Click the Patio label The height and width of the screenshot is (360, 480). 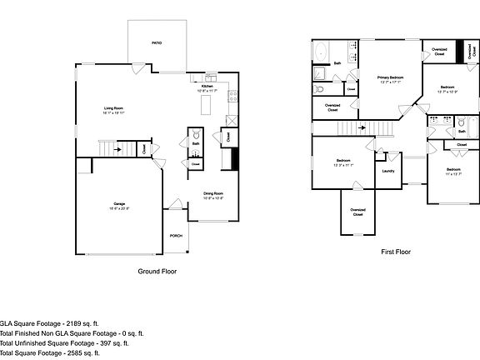156,42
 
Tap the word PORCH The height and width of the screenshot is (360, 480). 176,236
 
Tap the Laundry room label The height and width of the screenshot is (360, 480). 387,171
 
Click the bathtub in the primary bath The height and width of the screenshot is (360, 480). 321,52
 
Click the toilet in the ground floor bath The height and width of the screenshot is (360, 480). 195,133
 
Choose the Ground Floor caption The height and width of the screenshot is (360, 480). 157,271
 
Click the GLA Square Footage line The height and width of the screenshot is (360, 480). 50,322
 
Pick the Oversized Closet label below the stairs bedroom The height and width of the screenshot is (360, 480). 357,212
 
